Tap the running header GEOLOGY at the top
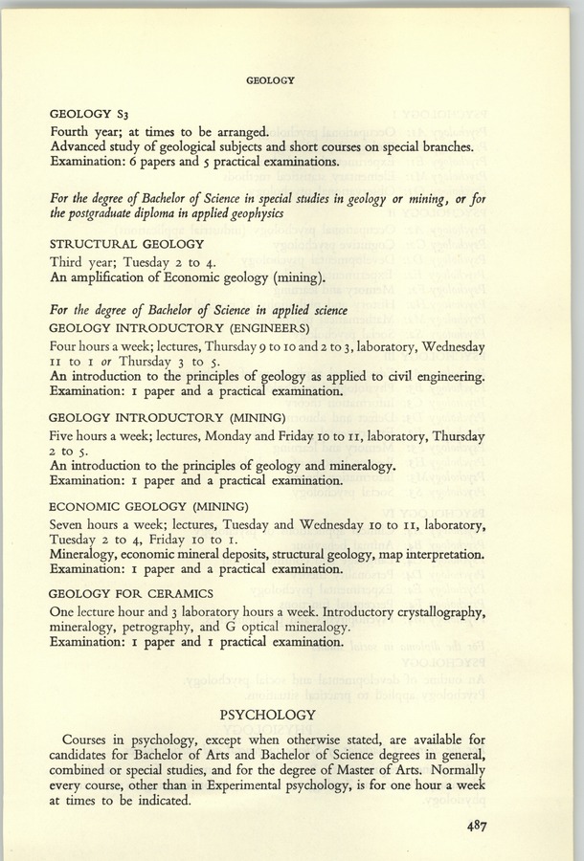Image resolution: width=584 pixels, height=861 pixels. click(269, 81)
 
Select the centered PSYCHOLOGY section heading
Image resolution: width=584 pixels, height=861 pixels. click(268, 715)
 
